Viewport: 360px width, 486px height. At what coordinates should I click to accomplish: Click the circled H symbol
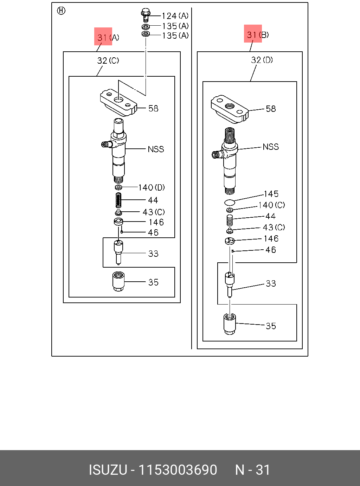61,11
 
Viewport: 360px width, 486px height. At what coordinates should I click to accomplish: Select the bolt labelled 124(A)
146,15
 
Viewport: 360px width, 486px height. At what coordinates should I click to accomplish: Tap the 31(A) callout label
108,38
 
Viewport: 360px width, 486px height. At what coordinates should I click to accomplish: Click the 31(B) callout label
258,35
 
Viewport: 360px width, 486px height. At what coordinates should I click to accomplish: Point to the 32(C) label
108,60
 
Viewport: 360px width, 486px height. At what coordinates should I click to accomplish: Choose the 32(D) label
262,60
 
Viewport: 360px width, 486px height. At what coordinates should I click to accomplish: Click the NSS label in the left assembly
156,149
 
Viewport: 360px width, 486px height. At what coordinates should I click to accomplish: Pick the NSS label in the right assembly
271,147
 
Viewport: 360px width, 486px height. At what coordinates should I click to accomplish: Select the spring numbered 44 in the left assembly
118,200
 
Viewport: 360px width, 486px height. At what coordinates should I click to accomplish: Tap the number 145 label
271,194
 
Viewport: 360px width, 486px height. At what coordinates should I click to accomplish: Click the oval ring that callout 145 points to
230,202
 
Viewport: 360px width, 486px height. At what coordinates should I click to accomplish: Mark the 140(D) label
152,187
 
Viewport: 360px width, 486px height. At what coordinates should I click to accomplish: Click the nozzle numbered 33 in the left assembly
118,252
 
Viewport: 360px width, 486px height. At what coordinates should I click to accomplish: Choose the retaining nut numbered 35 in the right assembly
230,324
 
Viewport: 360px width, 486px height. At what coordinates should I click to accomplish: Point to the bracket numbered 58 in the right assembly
230,108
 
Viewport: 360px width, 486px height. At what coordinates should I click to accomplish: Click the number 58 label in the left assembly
153,108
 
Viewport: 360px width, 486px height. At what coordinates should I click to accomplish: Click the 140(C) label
271,205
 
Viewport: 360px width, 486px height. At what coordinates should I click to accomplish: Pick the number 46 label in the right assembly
271,250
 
